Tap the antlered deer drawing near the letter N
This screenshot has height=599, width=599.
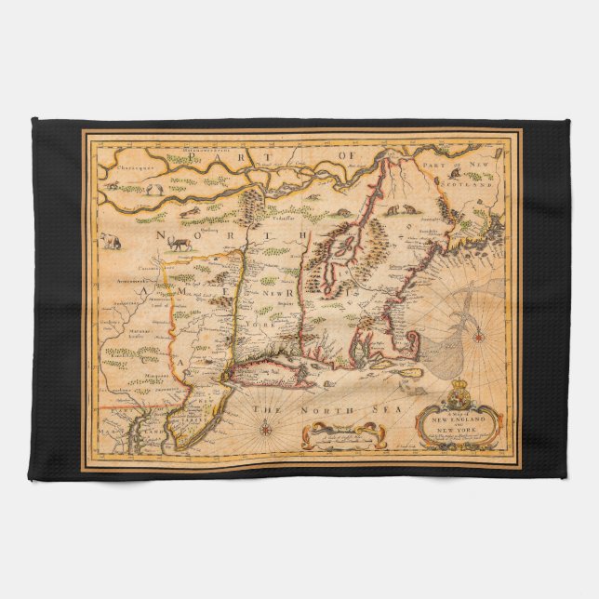(x=178, y=243)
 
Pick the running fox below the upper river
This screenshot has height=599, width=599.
(x=190, y=212)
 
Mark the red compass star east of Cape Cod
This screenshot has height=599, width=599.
(x=479, y=336)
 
